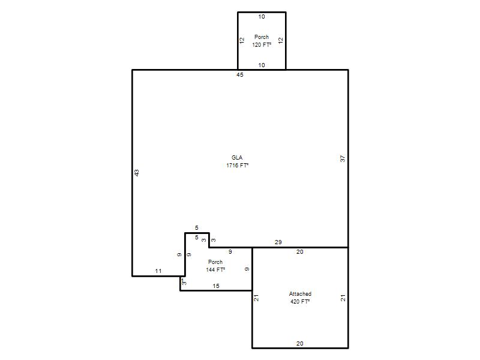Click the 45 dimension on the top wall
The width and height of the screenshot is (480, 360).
click(239, 74)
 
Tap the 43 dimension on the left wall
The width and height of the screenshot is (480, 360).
click(137, 173)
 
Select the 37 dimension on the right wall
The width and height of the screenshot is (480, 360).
click(343, 158)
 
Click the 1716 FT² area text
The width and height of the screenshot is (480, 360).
click(237, 166)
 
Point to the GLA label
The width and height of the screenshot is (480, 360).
click(237, 157)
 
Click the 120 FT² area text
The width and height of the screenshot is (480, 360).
click(262, 44)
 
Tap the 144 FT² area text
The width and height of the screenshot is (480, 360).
click(215, 269)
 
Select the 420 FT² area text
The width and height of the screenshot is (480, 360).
click(300, 302)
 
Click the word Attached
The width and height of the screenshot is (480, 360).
click(300, 294)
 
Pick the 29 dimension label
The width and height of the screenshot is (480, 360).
click(278, 242)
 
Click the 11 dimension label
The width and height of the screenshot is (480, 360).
click(158, 271)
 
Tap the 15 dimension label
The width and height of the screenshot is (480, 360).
click(216, 286)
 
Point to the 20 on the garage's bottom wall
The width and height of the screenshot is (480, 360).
click(299, 343)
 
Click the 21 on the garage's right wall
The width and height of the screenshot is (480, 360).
click(343, 298)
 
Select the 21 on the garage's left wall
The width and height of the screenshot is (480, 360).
click(256, 298)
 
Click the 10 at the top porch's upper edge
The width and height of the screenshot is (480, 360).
click(262, 17)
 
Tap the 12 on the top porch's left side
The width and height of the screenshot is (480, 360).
click(242, 40)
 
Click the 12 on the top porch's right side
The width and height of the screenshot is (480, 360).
click(281, 40)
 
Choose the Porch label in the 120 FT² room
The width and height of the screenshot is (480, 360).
click(262, 37)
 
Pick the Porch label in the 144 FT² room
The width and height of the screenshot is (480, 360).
click(215, 262)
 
